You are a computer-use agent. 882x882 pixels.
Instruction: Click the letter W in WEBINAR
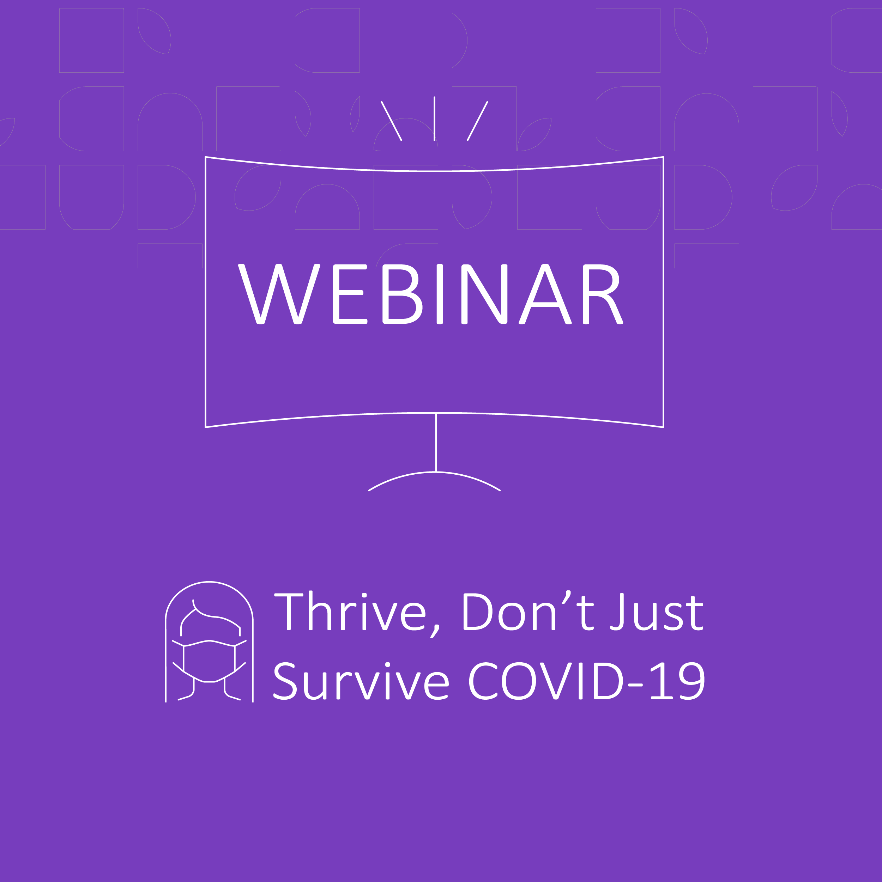(279, 294)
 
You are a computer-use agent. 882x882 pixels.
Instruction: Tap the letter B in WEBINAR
(401, 294)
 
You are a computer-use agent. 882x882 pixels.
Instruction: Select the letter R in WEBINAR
(602, 294)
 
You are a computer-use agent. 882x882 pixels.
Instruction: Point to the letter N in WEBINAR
(484, 294)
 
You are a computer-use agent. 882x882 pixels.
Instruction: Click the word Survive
(361, 681)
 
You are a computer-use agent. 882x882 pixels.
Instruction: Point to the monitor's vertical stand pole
(436, 442)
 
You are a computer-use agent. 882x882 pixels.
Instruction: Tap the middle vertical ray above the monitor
(434, 119)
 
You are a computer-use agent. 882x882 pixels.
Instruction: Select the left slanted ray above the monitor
(392, 121)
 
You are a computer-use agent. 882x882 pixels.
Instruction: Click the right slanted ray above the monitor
(477, 121)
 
